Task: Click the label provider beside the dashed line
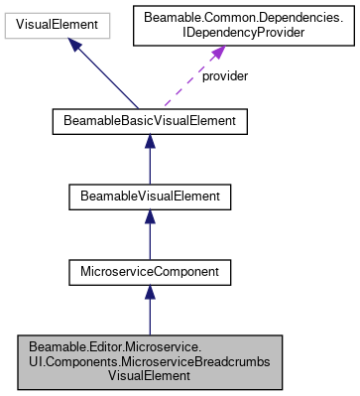[x=225, y=76]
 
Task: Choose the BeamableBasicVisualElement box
[x=149, y=123]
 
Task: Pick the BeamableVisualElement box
[x=149, y=197]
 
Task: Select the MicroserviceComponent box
[x=149, y=269]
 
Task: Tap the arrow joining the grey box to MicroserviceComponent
[x=149, y=313]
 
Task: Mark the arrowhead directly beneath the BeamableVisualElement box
[x=149, y=218]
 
